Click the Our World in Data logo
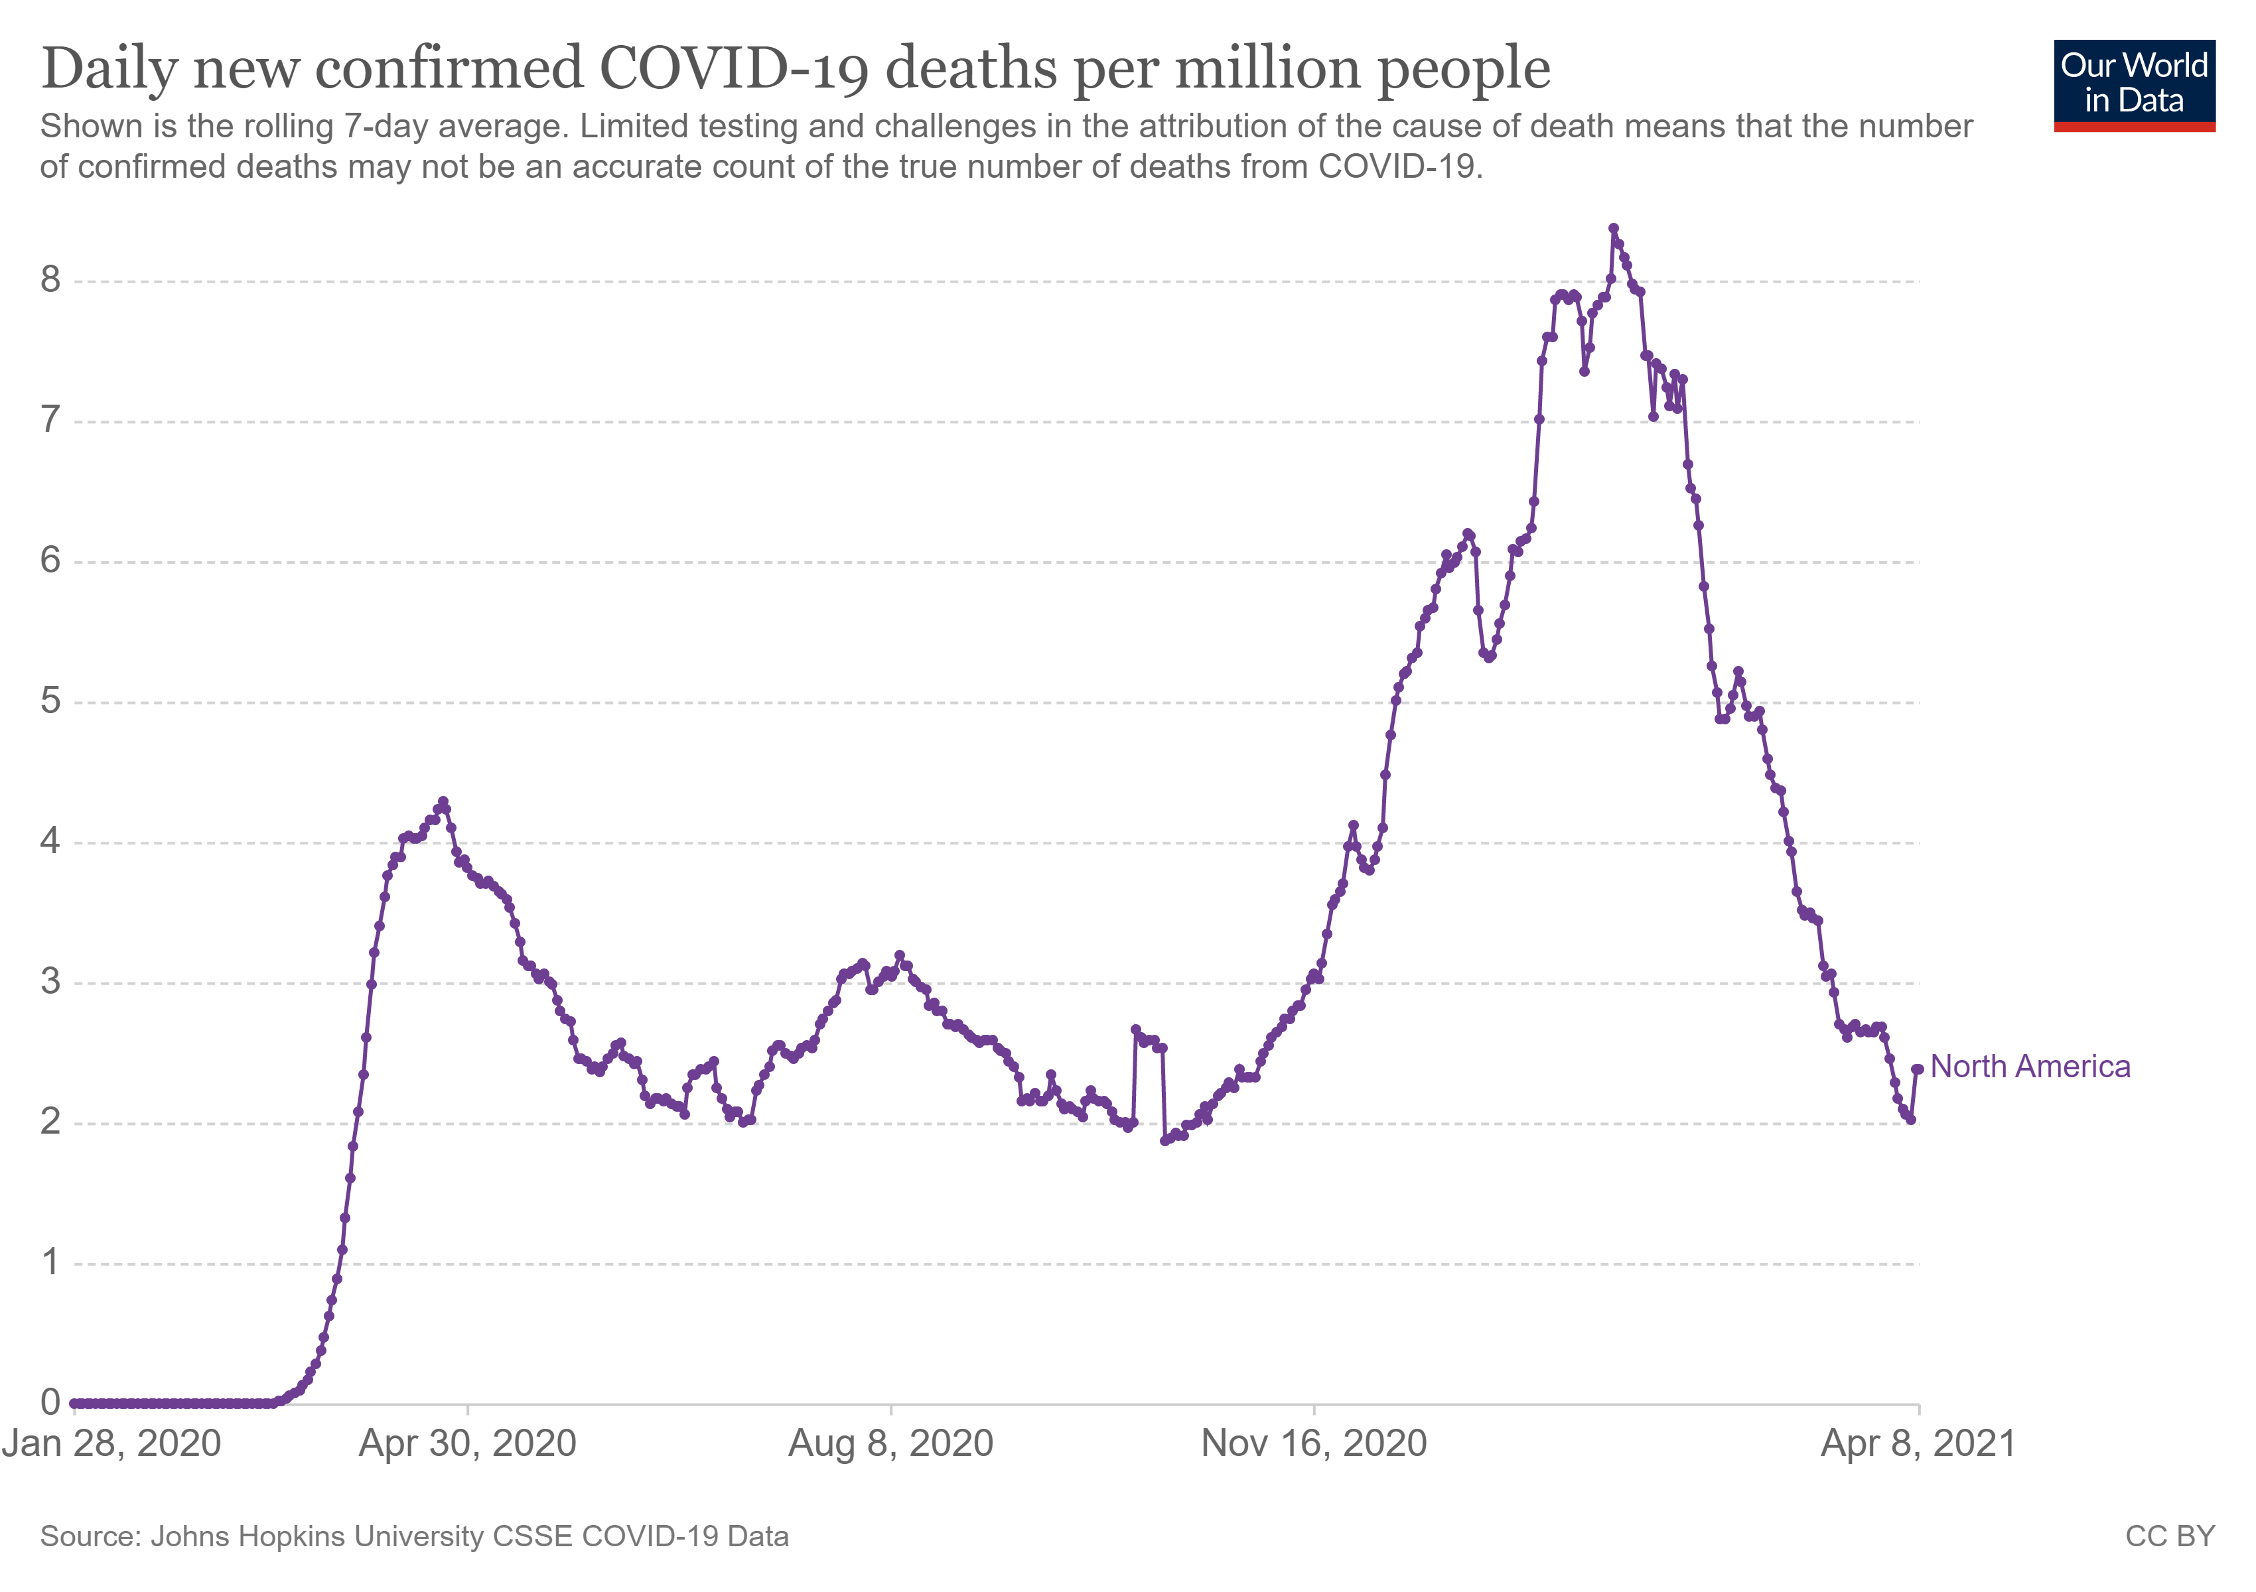pyautogui.click(x=2133, y=84)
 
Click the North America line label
pyautogui.click(x=2030, y=1067)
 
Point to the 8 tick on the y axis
pyautogui.click(x=50, y=281)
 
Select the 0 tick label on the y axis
pyautogui.click(x=50, y=1402)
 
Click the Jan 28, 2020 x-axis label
pyautogui.click(x=111, y=1443)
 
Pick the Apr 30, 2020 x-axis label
pyautogui.click(x=468, y=1443)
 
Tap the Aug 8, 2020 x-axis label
pyautogui.click(x=891, y=1443)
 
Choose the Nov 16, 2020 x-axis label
pyautogui.click(x=1314, y=1443)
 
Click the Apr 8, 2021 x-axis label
pyautogui.click(x=1918, y=1443)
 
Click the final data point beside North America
pyautogui.click(x=1917, y=1069)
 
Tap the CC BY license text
pyautogui.click(x=2170, y=1536)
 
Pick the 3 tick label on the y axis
pyautogui.click(x=50, y=982)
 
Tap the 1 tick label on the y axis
pyautogui.click(x=50, y=1263)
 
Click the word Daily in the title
pyautogui.click(x=110, y=69)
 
